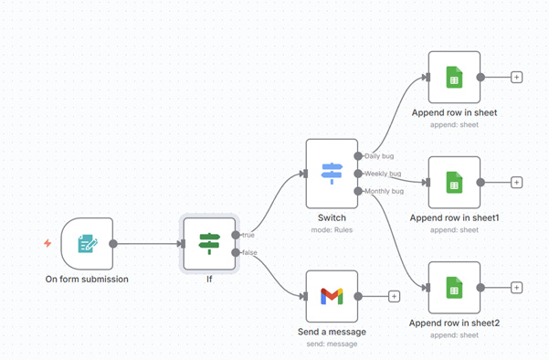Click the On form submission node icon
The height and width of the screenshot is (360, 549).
tap(87, 244)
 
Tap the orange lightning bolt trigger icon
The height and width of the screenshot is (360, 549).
tap(48, 243)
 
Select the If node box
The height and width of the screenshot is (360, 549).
tap(210, 243)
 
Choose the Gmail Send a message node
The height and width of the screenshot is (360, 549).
tap(332, 296)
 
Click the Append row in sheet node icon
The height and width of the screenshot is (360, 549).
tap(454, 78)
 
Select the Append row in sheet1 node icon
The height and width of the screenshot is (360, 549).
tap(454, 182)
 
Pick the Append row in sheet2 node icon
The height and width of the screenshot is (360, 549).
tap(454, 287)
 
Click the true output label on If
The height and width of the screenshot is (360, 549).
tap(248, 236)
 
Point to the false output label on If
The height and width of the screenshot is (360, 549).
tap(248, 252)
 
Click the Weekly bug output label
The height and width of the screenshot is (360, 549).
tap(383, 173)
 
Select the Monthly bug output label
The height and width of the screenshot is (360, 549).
tap(384, 190)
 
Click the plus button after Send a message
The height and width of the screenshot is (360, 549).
tap(395, 296)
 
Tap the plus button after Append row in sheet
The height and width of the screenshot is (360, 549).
tap(516, 78)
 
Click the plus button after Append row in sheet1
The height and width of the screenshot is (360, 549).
tap(516, 182)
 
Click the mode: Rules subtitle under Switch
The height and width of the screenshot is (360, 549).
tap(332, 229)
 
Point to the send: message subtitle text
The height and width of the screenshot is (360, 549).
tap(332, 344)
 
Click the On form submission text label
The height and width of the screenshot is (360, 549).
tap(87, 280)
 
